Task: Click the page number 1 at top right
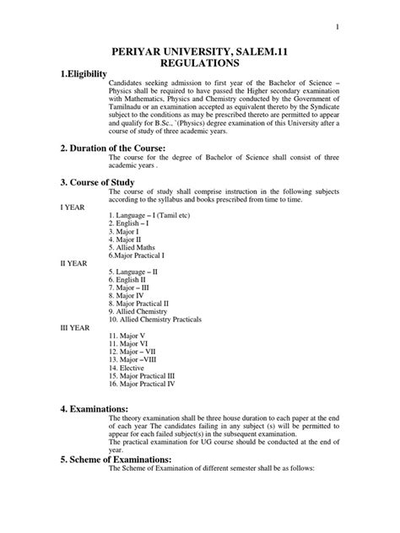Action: [x=338, y=27]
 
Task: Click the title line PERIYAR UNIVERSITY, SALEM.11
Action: [x=200, y=51]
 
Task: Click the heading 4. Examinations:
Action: [x=100, y=408]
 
